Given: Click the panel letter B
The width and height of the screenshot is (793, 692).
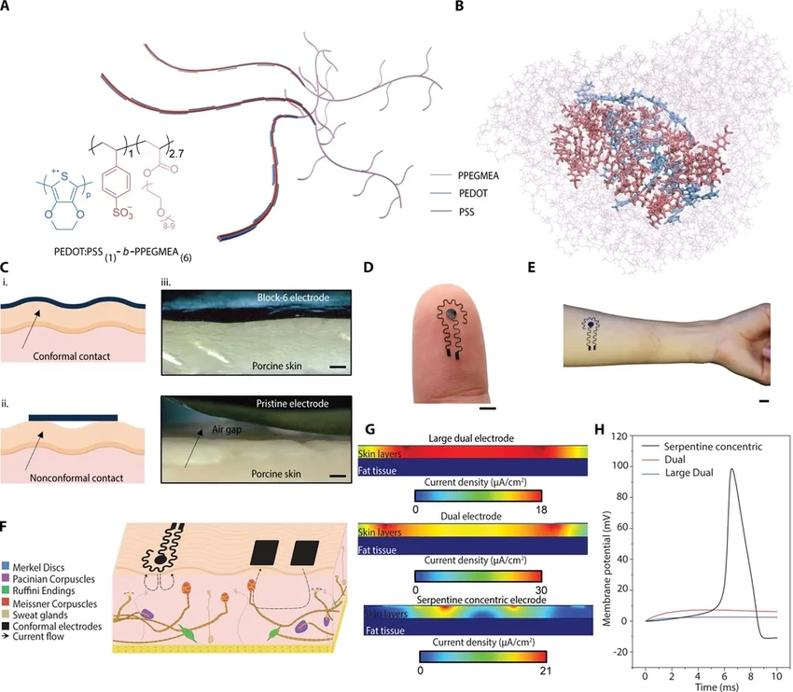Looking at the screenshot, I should [457, 8].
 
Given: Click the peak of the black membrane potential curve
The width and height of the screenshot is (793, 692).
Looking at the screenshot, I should [732, 469].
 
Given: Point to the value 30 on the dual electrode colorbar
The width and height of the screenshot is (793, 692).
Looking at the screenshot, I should [542, 589].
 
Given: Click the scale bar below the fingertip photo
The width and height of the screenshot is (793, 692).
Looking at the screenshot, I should [489, 408].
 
